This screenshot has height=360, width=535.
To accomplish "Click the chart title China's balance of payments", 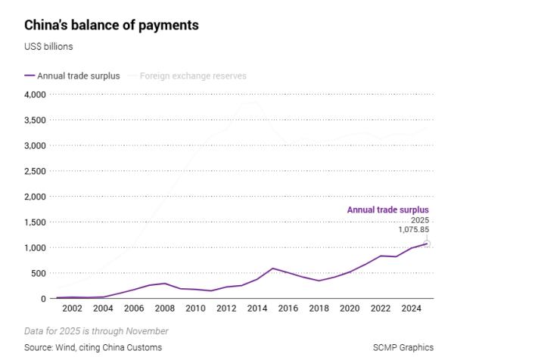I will pyautogui.click(x=111, y=25).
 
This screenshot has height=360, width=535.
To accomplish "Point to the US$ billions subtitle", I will pyautogui.click(x=48, y=47).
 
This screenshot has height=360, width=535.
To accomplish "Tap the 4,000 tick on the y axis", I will pyautogui.click(x=34, y=95).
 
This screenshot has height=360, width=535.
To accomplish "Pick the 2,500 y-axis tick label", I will pyautogui.click(x=34, y=171).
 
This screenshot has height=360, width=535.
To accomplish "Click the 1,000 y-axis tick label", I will pyautogui.click(x=34, y=247).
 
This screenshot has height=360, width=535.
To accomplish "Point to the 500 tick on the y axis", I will pyautogui.click(x=38, y=273).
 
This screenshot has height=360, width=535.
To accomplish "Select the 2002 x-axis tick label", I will pyautogui.click(x=73, y=309).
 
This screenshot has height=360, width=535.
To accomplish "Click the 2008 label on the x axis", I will pyautogui.click(x=165, y=309).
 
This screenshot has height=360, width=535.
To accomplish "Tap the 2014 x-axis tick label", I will pyautogui.click(x=257, y=309).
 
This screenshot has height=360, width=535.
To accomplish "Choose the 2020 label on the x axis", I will pyautogui.click(x=349, y=309).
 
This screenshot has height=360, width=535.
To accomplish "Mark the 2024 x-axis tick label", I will pyautogui.click(x=410, y=309).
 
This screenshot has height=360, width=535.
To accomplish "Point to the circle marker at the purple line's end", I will pyautogui.click(x=427, y=244).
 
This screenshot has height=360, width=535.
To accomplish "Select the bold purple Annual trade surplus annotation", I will pyautogui.click(x=387, y=209).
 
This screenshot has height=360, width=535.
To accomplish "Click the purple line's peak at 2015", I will pyautogui.click(x=272, y=268).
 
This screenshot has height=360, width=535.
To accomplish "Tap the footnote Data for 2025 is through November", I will pyautogui.click(x=96, y=331).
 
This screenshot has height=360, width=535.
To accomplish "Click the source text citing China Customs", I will pyautogui.click(x=93, y=347).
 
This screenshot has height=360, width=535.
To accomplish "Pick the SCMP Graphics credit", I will pyautogui.click(x=403, y=347).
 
